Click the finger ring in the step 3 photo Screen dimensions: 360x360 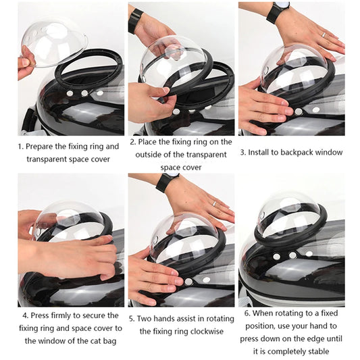coord(324,34)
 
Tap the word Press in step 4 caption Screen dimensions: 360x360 coord(41,315)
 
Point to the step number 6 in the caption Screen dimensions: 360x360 coord(247,313)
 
